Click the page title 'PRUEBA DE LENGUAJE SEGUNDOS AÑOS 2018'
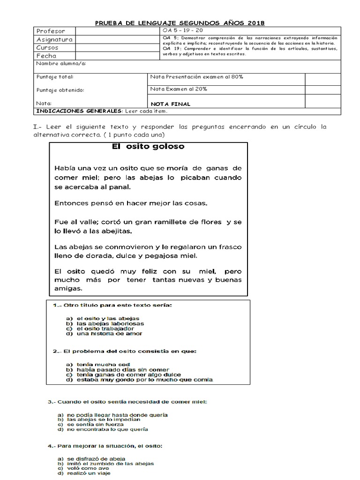pyautogui.click(x=180, y=22)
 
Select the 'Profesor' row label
pyautogui.click(x=51, y=31)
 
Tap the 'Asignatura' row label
pyautogui.click(x=54, y=39)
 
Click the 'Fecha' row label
pyautogui.click(x=46, y=56)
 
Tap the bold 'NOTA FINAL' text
pyautogui.click(x=171, y=104)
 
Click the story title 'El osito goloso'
pyautogui.click(x=148, y=146)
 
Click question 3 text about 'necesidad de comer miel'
pyautogui.click(x=127, y=402)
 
